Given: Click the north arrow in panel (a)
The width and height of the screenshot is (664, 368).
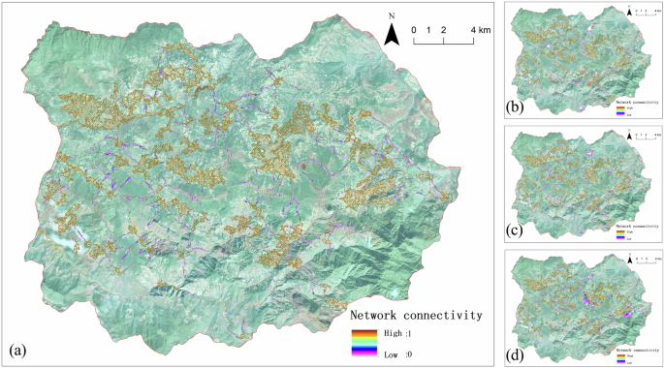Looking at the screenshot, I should click(x=392, y=35).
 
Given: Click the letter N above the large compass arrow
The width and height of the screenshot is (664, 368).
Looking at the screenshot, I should click(x=392, y=16).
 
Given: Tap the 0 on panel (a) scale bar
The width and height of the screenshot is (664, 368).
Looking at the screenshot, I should click(x=414, y=30).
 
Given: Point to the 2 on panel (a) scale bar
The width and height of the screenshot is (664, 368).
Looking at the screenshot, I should click(x=444, y=30).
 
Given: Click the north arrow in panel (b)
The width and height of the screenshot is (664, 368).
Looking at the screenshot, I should click(x=629, y=12).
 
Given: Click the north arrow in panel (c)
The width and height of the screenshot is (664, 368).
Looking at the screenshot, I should click(x=629, y=135).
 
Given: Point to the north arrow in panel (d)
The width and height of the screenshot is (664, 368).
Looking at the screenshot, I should click(x=629, y=259).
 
